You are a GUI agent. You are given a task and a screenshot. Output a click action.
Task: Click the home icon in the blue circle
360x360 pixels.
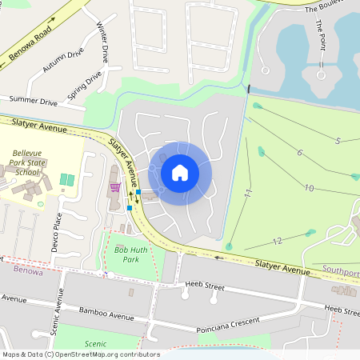pyautogui.click(x=180, y=173)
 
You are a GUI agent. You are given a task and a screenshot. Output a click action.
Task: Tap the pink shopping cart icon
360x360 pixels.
pyautogui.click(x=115, y=187)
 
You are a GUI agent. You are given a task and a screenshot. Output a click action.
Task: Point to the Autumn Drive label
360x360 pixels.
pyautogui.click(x=63, y=62)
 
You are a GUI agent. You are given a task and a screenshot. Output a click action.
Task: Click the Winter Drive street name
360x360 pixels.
pyautogui.click(x=102, y=43)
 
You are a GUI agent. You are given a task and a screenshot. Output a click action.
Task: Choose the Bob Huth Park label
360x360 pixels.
pyautogui.click(x=126, y=254)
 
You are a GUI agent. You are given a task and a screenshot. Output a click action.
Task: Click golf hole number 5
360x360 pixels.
pyautogui.click(x=338, y=141)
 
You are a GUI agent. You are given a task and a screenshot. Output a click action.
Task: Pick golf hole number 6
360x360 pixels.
pyautogui.click(x=299, y=152)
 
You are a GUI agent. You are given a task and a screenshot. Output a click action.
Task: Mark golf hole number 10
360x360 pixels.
pyautogui.click(x=309, y=188)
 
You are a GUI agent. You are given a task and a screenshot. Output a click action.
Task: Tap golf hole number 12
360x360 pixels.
pyautogui.click(x=278, y=241)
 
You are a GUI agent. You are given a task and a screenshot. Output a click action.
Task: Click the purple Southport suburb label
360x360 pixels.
pyautogui.click(x=342, y=272)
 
